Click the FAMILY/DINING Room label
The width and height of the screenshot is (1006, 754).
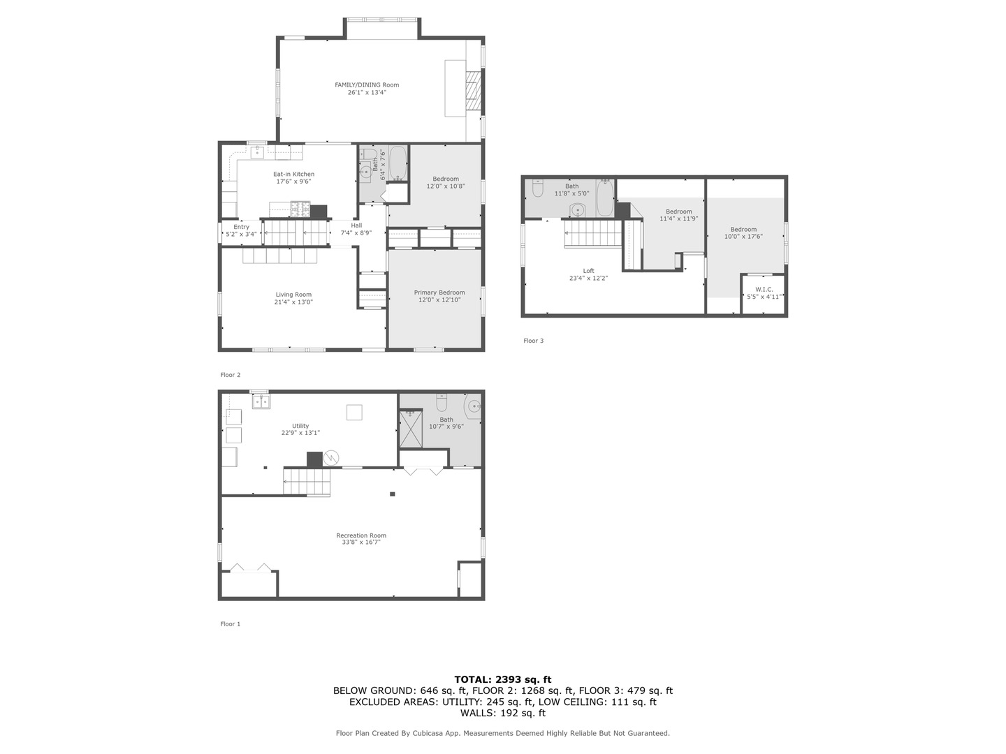pyautogui.click(x=367, y=85)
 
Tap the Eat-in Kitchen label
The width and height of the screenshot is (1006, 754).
pyautogui.click(x=293, y=174)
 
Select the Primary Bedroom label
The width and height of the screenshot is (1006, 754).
pyautogui.click(x=439, y=293)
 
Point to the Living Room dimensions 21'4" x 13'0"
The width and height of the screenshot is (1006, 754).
pyautogui.click(x=293, y=302)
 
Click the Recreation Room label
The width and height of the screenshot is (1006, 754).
pyautogui.click(x=361, y=535)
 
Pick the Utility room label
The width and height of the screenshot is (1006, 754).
pyautogui.click(x=300, y=426)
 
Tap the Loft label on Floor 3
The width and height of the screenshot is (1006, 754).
pyautogui.click(x=589, y=271)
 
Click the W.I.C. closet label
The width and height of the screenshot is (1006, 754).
pyautogui.click(x=764, y=289)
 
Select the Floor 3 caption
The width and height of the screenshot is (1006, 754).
pyautogui.click(x=533, y=341)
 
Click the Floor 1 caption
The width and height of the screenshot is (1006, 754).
pyautogui.click(x=230, y=624)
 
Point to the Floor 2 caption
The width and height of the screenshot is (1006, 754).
pyautogui.click(x=230, y=375)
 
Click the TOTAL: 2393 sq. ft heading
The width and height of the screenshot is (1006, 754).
pyautogui.click(x=502, y=679)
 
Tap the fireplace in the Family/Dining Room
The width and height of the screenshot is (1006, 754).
pyautogui.click(x=474, y=91)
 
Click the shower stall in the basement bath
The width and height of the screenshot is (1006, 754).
pyautogui.click(x=411, y=429)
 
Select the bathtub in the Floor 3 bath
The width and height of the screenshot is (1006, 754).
pyautogui.click(x=604, y=198)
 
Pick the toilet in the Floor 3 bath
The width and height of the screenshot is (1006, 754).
pyautogui.click(x=537, y=188)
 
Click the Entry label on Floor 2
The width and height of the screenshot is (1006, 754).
pyautogui.click(x=241, y=227)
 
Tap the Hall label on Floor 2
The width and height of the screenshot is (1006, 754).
pyautogui.click(x=356, y=226)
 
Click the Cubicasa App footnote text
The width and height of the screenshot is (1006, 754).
pyautogui.click(x=502, y=733)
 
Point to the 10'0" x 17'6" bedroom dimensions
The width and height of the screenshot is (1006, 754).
pyautogui.click(x=743, y=237)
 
